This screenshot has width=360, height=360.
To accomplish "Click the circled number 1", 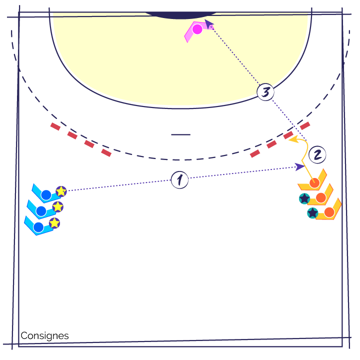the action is coord(180,180).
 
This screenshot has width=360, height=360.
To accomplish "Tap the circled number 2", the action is coord(317,154).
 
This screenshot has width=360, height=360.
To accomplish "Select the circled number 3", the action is coord(265,92).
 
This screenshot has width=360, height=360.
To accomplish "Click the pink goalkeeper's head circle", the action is coord(197,29).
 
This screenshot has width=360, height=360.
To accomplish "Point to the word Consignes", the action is coord(44,335).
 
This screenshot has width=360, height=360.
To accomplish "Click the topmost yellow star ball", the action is coord(61,191).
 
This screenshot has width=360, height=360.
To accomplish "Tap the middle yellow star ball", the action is coord(57,207).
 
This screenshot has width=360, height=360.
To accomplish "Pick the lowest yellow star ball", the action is coord(54,223).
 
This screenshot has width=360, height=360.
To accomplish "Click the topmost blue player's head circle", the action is coord(46,195).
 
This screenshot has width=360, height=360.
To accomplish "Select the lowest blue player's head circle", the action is coord(38,227).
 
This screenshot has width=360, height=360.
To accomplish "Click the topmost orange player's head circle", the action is coord(314,183).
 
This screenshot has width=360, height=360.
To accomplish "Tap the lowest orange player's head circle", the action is coord(329,212).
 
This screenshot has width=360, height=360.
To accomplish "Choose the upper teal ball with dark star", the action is coord(304,198).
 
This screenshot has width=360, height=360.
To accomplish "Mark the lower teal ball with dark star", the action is coord(312,213).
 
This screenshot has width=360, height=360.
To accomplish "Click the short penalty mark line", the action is coord(180,134).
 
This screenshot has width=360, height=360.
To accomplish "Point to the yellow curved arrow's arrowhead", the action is coord(293,139).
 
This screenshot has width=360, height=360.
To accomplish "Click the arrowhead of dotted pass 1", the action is coord(299,166).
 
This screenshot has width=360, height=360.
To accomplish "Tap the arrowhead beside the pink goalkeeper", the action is coord(208,24).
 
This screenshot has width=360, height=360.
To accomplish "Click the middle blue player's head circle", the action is coord(41,211).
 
